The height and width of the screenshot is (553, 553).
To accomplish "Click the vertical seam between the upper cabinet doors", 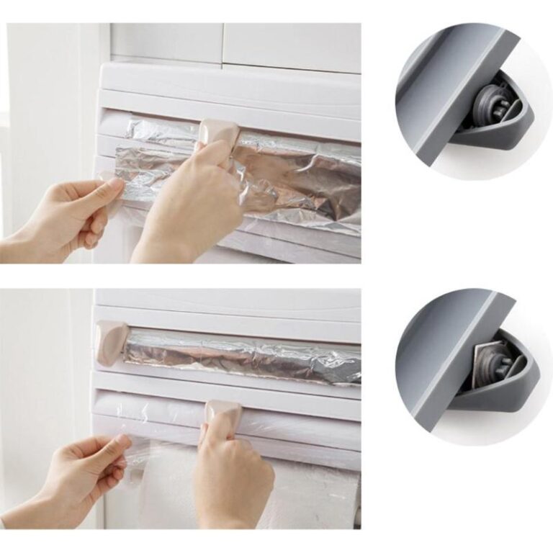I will (x=221, y=43).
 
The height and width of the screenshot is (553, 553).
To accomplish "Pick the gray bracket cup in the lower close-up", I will (x=504, y=392).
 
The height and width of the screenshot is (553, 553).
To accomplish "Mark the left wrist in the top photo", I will (x=29, y=241).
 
